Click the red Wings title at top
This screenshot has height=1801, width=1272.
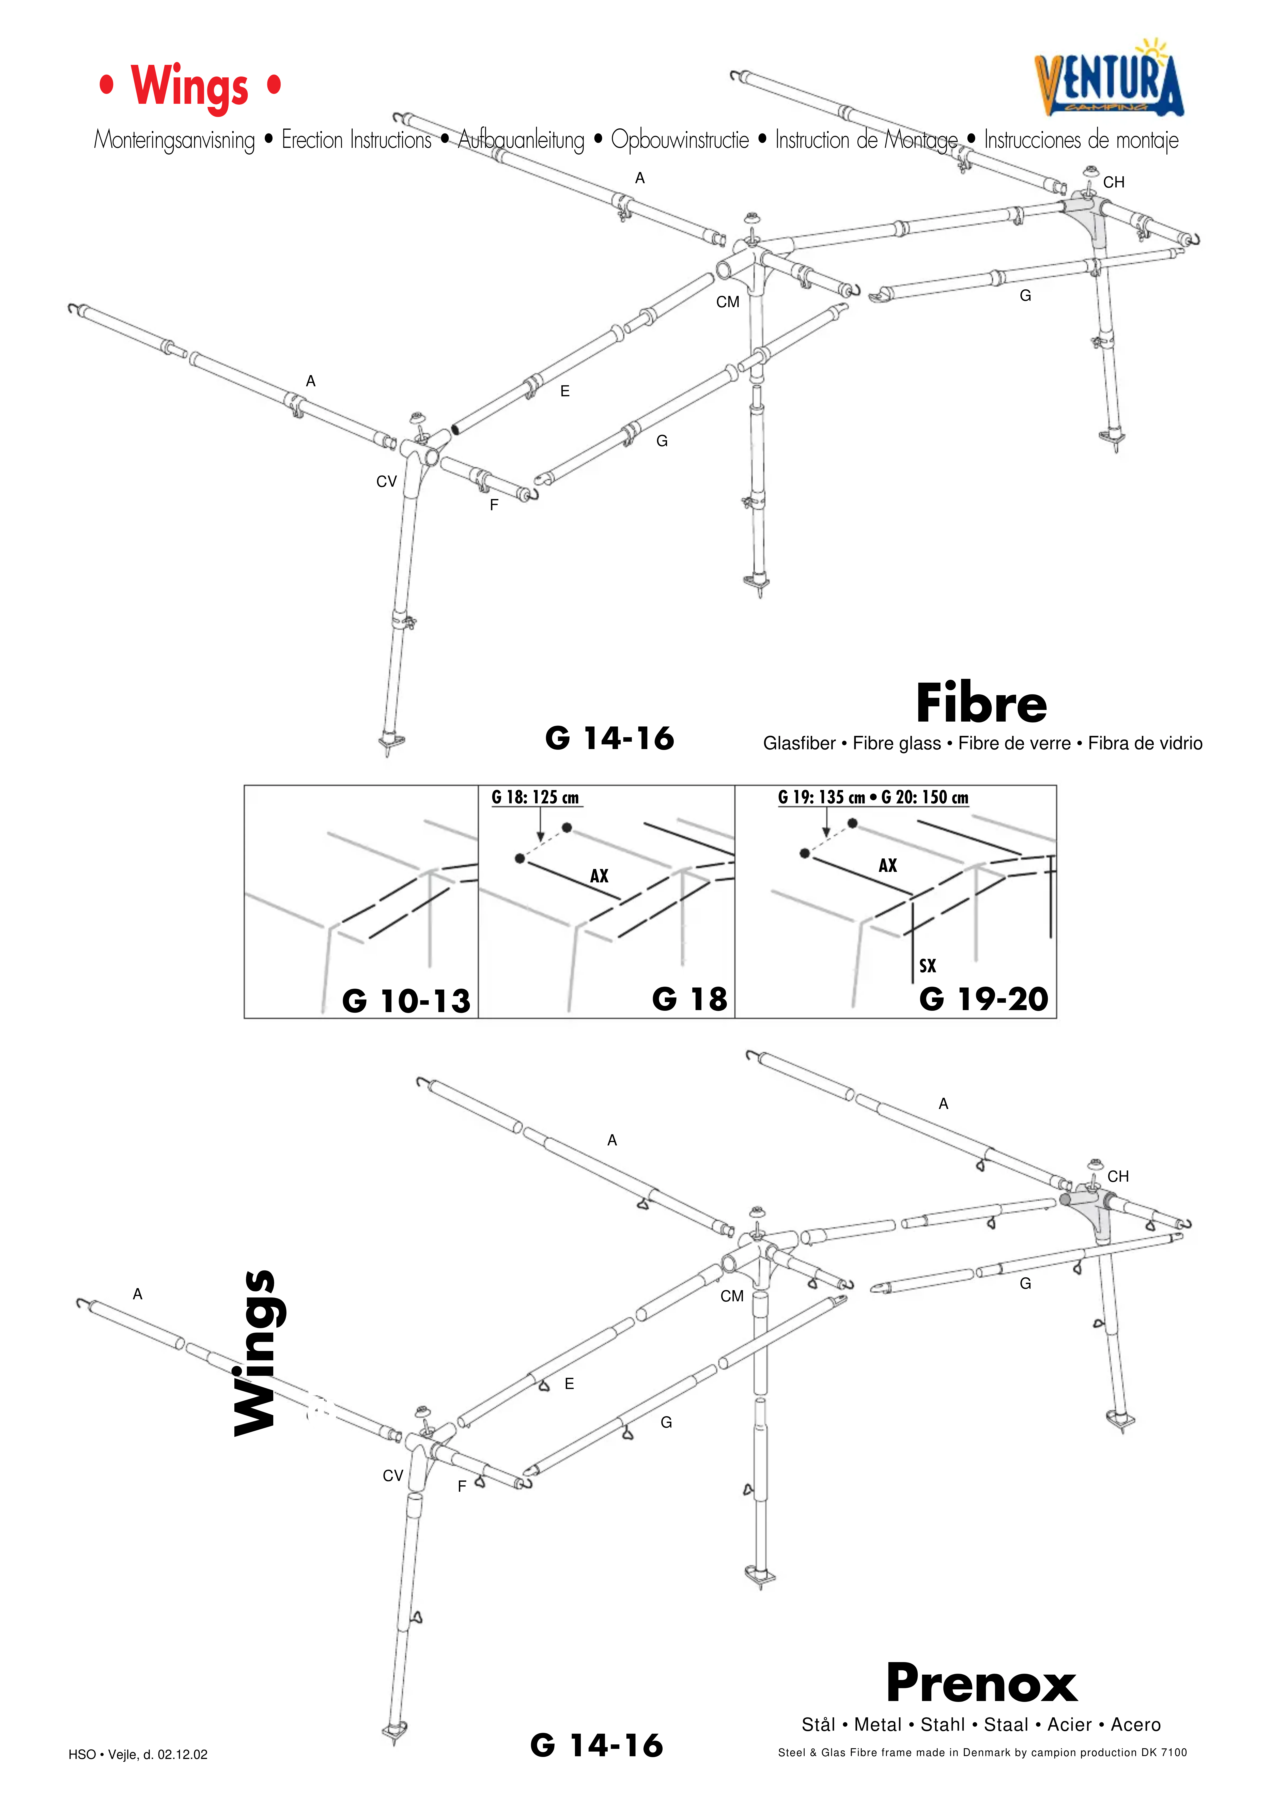click(190, 86)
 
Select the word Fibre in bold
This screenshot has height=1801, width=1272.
click(981, 704)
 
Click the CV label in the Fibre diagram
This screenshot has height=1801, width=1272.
click(387, 482)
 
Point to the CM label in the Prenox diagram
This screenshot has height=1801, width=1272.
click(732, 1296)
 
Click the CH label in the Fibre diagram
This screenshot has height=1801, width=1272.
click(1114, 182)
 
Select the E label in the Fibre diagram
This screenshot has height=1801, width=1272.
click(565, 391)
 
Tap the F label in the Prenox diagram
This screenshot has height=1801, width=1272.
click(462, 1486)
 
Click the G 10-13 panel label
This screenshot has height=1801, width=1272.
click(406, 1001)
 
